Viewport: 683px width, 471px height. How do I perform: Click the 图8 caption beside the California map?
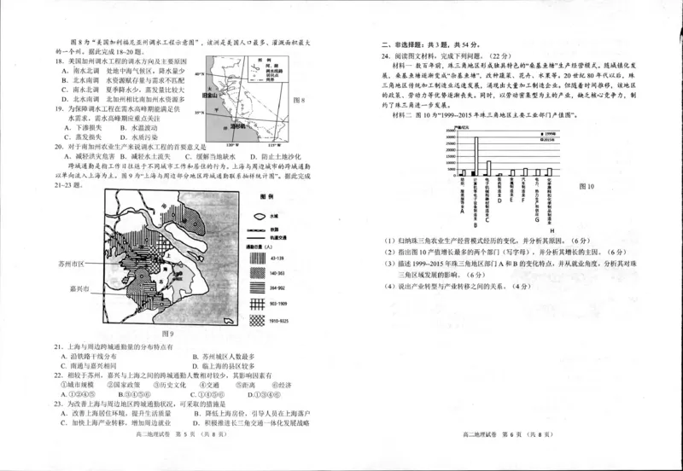pos(299,101)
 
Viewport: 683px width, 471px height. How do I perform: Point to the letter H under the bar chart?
pos(551,231)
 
